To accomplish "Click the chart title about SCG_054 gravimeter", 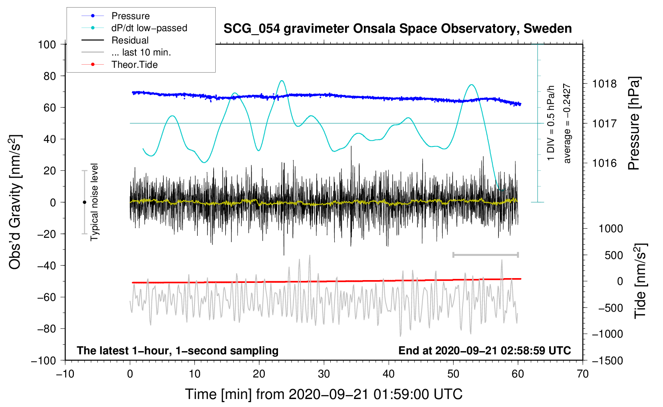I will click(397, 29).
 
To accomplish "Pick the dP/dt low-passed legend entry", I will click(149, 28).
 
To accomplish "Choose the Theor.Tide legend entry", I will click(134, 65).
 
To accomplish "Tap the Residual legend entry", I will click(130, 40).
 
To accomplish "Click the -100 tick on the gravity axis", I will click(44, 360).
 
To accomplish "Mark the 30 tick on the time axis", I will click(324, 374).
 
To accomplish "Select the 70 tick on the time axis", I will click(583, 374).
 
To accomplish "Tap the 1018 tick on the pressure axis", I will click(604, 84).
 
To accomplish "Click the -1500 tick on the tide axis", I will click(607, 360).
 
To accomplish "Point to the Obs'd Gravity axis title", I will click(15, 202).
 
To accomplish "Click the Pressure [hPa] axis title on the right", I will click(634, 123).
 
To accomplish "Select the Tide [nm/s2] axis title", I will click(640, 281).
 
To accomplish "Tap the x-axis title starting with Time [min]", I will click(324, 394).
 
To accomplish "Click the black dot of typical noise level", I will click(84, 202).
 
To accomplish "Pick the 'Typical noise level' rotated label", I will click(94, 202).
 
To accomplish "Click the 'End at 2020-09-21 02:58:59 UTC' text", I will click(484, 350).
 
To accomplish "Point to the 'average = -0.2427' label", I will click(567, 123).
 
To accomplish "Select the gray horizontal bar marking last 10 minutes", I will click(485, 255).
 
